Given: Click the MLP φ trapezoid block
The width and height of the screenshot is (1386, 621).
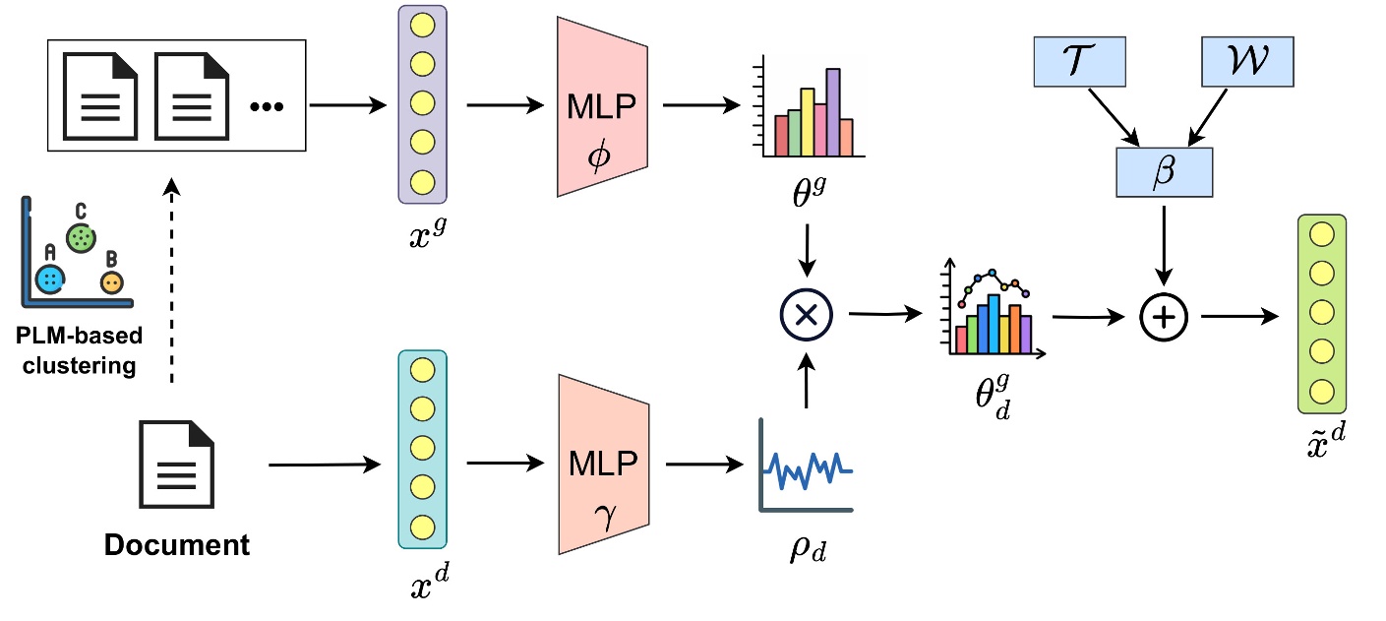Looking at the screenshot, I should pos(602,106).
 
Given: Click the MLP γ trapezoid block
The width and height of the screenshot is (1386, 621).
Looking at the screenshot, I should pos(602,464).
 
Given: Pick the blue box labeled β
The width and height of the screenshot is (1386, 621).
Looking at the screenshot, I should pos(1164,171).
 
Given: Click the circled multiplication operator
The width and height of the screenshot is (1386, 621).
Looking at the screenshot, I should pos(806,315).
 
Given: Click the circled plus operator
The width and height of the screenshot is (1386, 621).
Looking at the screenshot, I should pos(1164,317).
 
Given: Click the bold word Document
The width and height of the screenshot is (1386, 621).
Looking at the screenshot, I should pos(177,544).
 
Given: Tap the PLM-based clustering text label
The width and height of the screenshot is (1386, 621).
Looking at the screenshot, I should pos(79,350).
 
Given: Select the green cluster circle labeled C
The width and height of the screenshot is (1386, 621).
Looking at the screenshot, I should pos(81,237).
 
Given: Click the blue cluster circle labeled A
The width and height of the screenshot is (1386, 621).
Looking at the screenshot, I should pos(49,280).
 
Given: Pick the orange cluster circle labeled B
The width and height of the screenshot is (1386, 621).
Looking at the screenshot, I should pos(112,282).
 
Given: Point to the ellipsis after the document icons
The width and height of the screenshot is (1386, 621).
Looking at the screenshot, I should pos(266,105).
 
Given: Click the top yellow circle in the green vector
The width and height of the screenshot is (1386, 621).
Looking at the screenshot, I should pos(1322,235).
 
